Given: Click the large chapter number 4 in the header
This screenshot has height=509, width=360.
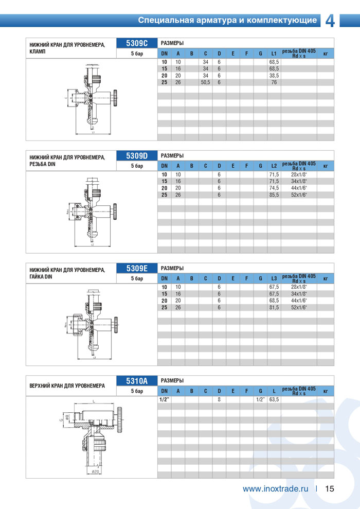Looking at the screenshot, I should (330, 20).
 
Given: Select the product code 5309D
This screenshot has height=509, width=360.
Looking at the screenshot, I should (137, 156).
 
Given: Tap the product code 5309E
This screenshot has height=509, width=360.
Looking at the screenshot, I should (137, 268).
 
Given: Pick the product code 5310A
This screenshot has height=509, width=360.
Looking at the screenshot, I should (137, 381).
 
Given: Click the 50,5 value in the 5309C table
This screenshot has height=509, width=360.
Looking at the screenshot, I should (205, 82).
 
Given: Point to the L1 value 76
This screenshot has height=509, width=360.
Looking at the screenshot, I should (274, 82).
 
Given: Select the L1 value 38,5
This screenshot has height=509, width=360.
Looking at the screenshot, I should (274, 75).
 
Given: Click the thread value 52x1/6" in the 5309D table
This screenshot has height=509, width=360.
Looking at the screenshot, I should (299, 195).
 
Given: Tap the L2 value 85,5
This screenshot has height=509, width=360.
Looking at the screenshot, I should (274, 195).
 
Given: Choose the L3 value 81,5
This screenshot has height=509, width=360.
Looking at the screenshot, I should (274, 307).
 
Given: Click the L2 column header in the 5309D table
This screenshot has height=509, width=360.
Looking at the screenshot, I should (274, 166).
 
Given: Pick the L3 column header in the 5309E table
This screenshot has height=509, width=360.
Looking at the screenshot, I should (274, 278).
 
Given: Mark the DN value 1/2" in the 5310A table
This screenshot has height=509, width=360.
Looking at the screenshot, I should (164, 399).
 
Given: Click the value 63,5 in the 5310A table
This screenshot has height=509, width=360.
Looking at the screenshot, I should (274, 399).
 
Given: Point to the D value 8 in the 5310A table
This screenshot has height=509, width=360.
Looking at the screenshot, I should (219, 399).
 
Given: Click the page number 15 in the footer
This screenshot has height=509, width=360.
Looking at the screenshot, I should (330, 489).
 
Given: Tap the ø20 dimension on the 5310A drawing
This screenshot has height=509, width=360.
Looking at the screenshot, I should (96, 471).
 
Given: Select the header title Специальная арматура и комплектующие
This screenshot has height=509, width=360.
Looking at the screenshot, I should (227, 21).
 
